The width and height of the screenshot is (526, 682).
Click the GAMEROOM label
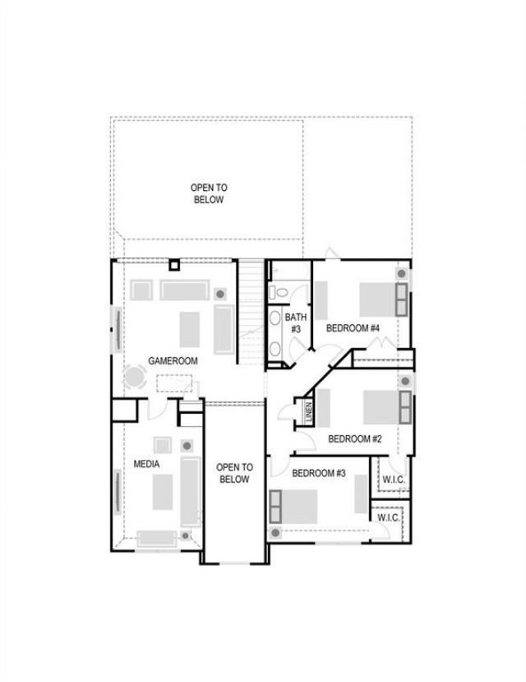click(x=173, y=360)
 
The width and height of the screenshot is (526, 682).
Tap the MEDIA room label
click(x=146, y=464)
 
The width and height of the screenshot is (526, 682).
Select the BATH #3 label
click(x=295, y=323)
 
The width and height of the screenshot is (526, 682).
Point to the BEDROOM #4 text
click(x=353, y=328)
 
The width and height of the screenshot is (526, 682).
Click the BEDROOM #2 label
click(x=355, y=438)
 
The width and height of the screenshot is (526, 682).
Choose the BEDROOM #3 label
click(x=319, y=473)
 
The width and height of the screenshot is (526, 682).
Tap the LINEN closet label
click(x=309, y=412)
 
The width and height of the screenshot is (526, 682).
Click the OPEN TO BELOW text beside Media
click(x=234, y=473)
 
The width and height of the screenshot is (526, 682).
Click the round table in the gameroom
click(x=134, y=377)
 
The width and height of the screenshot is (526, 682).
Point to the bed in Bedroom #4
click(x=384, y=299)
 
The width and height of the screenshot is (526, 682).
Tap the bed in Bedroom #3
click(x=293, y=506)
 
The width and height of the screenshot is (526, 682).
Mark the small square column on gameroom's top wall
click(x=174, y=264)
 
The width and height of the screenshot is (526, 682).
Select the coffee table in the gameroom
click(x=190, y=329)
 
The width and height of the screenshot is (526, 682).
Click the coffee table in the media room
click(x=163, y=492)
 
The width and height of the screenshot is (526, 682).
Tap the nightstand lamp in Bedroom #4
click(x=402, y=274)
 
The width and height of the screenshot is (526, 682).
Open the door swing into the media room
click(x=157, y=408)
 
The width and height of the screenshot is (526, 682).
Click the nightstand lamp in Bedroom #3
click(x=275, y=532)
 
